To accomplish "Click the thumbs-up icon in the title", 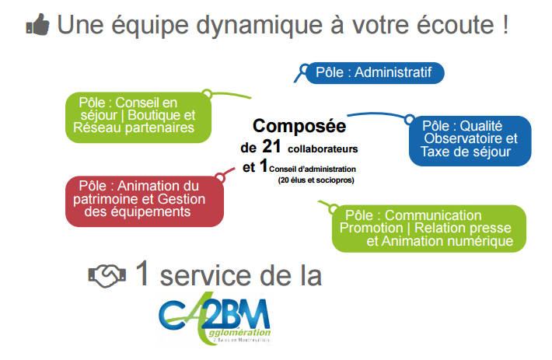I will [x=37, y=25].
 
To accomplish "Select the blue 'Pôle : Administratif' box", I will [x=374, y=73].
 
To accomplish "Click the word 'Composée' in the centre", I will [x=299, y=125].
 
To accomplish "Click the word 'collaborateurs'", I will [x=323, y=147].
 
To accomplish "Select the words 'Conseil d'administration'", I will [x=313, y=168].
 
